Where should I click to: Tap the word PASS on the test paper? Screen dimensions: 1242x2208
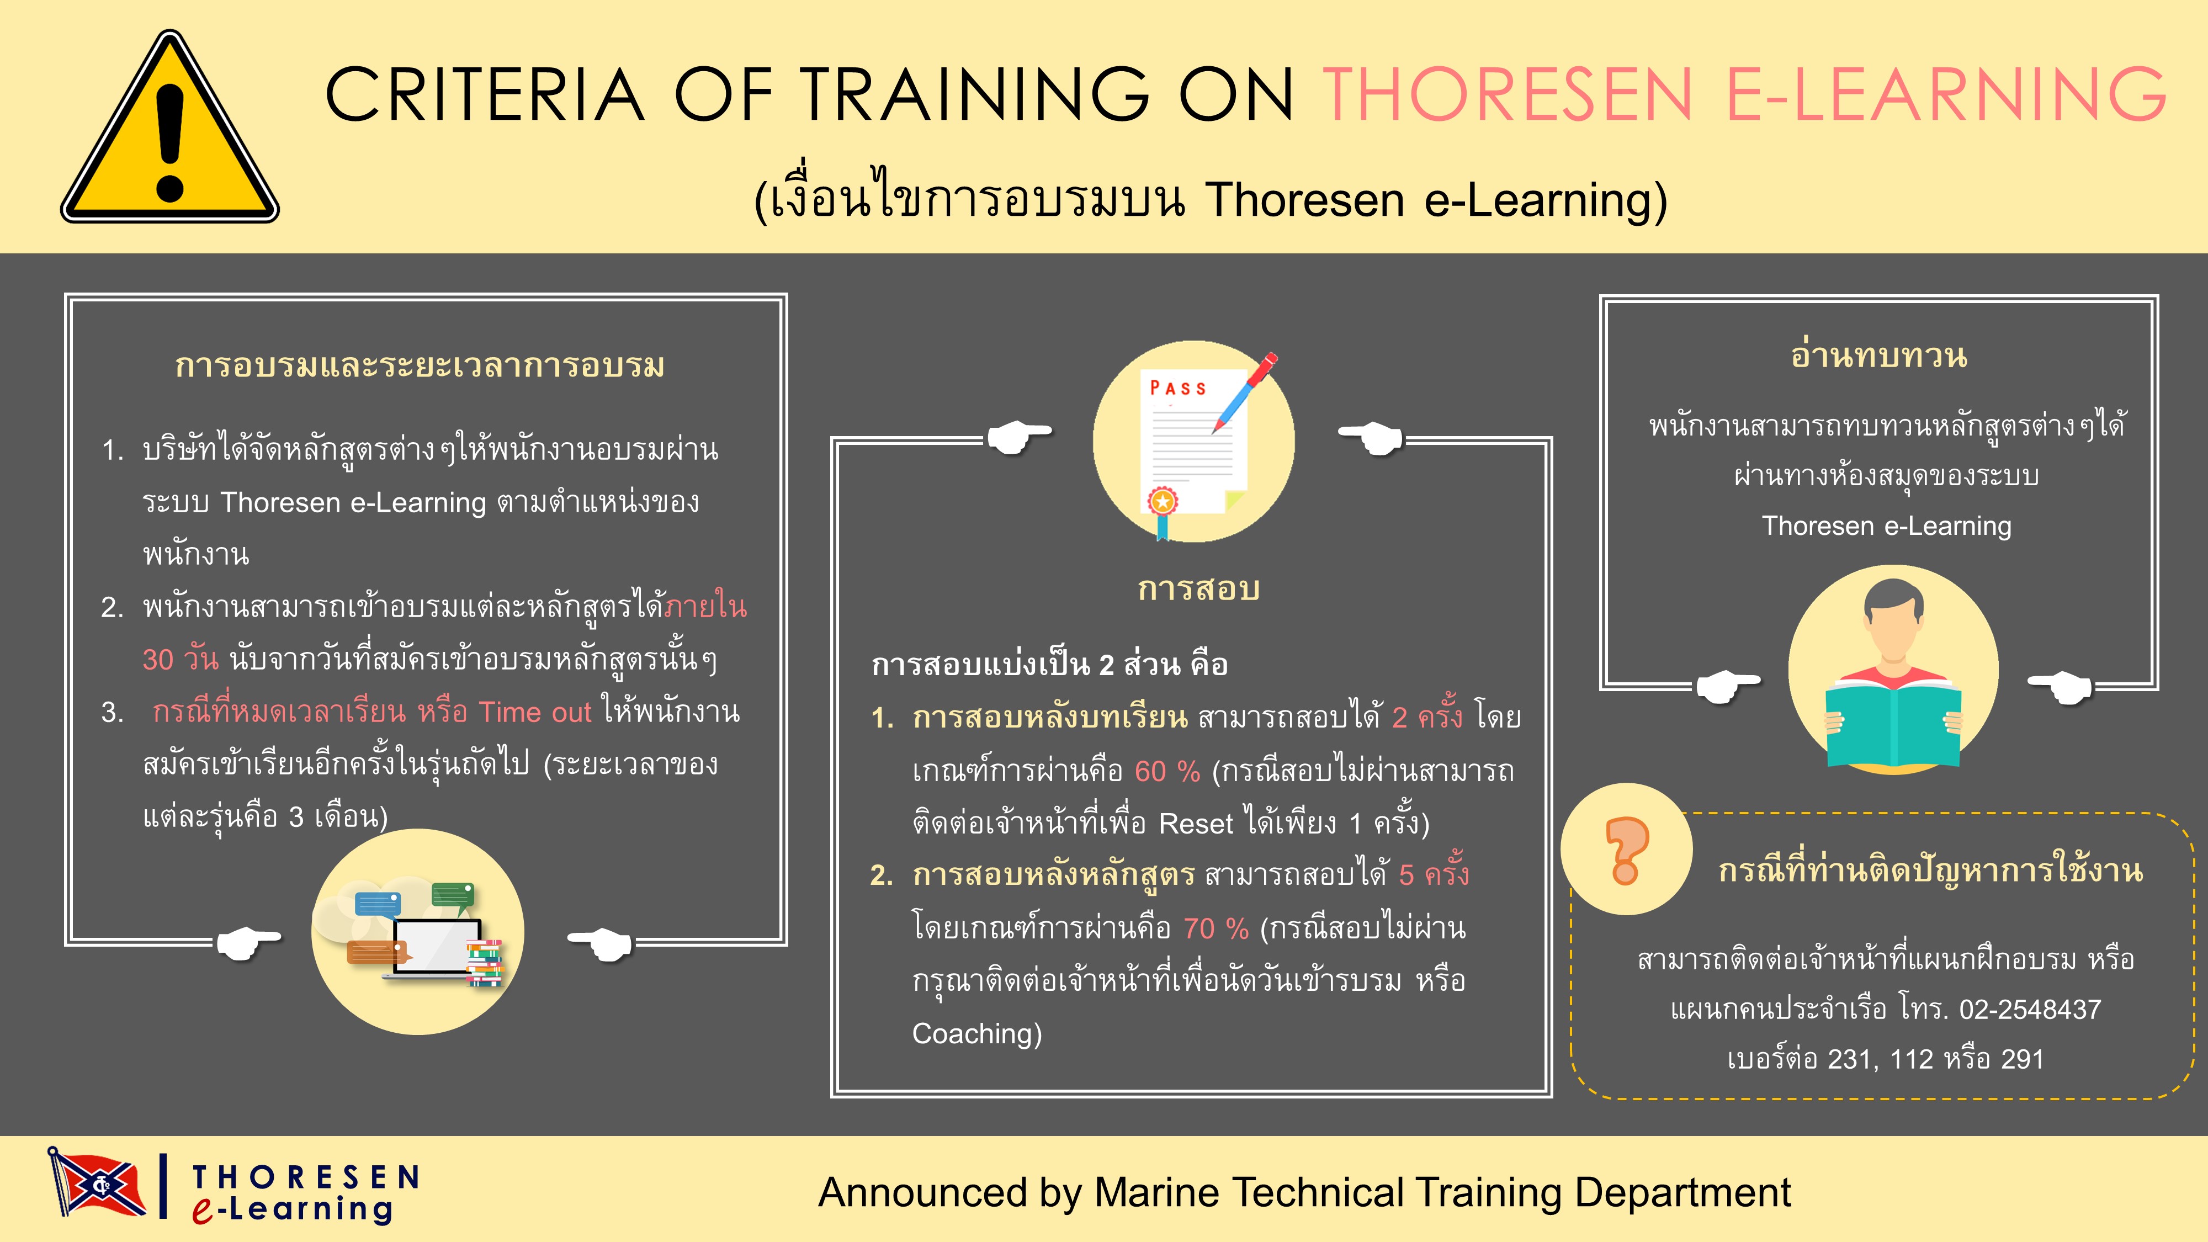1178,388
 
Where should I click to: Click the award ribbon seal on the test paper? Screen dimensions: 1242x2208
1163,501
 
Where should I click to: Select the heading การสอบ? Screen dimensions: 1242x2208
1198,589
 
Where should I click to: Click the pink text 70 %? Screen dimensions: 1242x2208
1216,928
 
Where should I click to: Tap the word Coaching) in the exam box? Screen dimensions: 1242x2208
976,1034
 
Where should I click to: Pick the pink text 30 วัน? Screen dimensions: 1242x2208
180,659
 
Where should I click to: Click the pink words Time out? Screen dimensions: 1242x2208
535,712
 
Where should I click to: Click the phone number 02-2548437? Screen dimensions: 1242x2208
2030,1010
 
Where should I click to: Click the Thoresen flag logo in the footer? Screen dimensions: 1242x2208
96,1183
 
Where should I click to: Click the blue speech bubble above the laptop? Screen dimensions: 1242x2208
377,904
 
